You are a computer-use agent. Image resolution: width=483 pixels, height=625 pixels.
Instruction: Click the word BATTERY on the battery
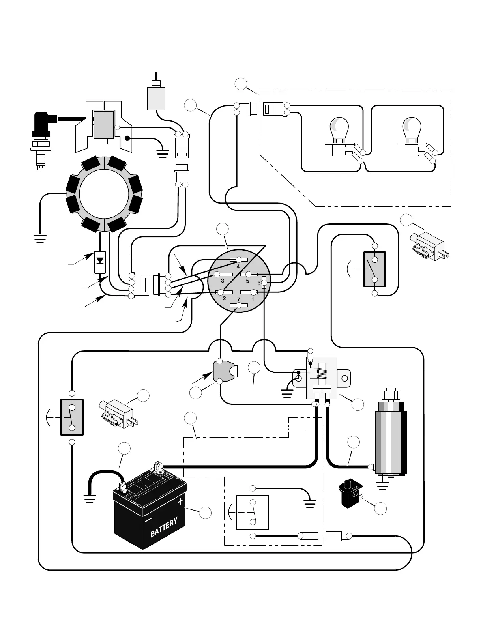pyautogui.click(x=164, y=527)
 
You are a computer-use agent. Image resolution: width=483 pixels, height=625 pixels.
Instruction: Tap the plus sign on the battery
pyautogui.click(x=180, y=501)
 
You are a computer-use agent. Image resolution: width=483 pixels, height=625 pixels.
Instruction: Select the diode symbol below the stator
pyautogui.click(x=100, y=262)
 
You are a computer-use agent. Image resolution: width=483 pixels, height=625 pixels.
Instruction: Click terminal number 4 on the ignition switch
pyautogui.click(x=239, y=260)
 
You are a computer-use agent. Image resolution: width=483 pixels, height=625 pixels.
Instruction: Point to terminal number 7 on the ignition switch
pyautogui.click(x=239, y=305)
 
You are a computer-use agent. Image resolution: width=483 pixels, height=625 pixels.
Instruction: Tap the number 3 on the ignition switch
pyautogui.click(x=223, y=281)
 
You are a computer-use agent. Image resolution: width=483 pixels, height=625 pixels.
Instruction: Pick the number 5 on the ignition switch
pyautogui.click(x=247, y=281)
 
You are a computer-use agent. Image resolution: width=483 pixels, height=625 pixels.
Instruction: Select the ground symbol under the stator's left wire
pyautogui.click(x=40, y=239)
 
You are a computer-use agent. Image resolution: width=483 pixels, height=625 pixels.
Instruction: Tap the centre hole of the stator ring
pyautogui.click(x=104, y=195)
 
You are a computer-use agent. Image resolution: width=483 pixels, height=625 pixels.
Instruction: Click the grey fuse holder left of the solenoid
pyautogui.click(x=225, y=372)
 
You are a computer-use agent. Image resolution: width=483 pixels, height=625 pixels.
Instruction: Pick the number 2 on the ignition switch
pyautogui.click(x=224, y=298)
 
